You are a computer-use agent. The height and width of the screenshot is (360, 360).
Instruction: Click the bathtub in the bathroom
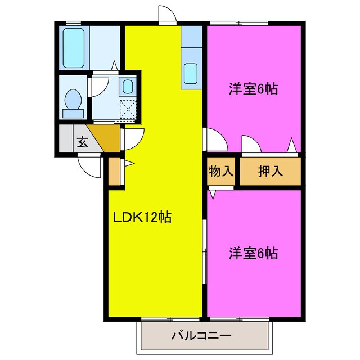(74, 48)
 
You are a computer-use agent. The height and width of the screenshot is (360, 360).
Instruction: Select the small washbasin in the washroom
(128, 87)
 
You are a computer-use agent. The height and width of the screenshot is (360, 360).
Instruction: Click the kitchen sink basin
(191, 73)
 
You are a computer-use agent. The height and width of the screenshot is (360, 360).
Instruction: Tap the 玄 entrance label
(82, 141)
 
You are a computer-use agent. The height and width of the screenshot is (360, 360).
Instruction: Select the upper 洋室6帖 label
(254, 89)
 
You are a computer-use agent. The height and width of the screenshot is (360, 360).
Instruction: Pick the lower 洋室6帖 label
(253, 253)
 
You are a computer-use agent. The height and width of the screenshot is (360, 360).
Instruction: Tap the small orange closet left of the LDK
(114, 172)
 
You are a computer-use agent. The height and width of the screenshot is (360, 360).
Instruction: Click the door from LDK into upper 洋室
(214, 140)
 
